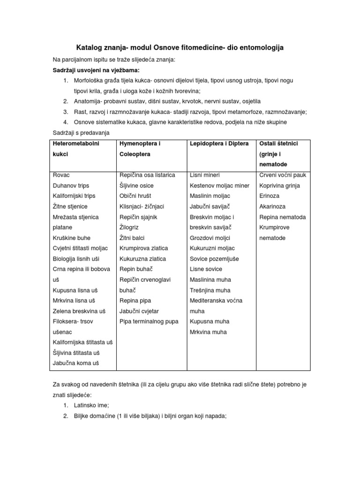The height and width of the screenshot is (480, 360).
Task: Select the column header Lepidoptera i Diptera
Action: (219, 143)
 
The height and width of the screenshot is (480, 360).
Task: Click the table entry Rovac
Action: (61, 175)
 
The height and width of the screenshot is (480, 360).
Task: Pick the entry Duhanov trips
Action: (71, 186)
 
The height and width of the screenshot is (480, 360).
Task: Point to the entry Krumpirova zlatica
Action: (143, 248)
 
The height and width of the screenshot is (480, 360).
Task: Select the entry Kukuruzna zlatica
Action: (142, 259)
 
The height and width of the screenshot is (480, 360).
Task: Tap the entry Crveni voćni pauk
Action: (282, 175)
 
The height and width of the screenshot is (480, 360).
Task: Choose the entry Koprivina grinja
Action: (279, 186)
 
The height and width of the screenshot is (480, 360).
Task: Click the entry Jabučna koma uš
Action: (76, 363)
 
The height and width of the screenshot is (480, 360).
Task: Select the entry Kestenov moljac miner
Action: (219, 186)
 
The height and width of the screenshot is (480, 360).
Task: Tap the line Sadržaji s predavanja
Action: (80, 133)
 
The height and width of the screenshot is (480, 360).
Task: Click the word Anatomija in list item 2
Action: (88, 101)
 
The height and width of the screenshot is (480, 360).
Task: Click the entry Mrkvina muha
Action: (208, 332)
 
